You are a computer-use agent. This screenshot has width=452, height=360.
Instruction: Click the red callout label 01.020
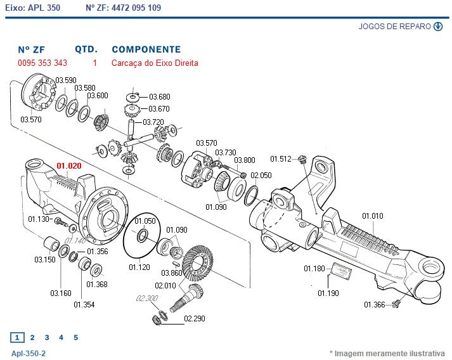pos(69,165)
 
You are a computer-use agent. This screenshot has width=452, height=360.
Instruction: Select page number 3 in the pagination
pos(46,338)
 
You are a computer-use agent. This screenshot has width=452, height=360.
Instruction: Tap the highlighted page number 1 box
pos(18,338)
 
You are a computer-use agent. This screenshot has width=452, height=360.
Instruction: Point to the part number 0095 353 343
pos(42,63)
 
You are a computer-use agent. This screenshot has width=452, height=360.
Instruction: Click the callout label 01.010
pos(373,216)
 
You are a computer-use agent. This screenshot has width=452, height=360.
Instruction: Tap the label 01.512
pos(281,158)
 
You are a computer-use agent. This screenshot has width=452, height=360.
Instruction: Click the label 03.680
pos(160,97)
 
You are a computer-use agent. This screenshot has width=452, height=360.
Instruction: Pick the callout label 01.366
pos(374,305)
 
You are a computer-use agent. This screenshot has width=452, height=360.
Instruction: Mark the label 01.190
pos(329,293)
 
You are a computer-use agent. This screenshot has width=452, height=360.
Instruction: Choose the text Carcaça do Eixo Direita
pos(155,63)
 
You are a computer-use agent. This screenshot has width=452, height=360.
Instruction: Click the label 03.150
pos(44,260)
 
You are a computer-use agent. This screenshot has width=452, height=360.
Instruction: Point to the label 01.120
pos(139,267)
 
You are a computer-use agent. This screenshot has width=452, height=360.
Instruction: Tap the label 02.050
pos(261,176)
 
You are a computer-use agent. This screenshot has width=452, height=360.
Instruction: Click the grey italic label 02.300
pos(146,298)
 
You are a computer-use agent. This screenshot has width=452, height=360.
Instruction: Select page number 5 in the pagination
pos(75,338)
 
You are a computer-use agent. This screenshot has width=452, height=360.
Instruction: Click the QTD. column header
pos(86,49)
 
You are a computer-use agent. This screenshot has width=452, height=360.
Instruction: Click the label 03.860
pos(171,273)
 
